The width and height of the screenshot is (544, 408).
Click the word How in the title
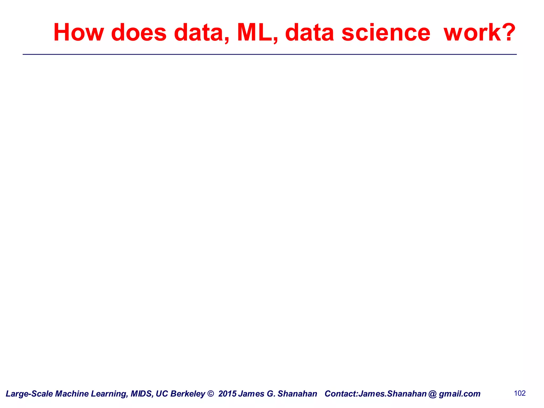pyautogui.click(x=78, y=32)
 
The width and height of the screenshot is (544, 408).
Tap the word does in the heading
pyautogui.click(x=139, y=32)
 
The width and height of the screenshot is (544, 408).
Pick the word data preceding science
pyautogui.click(x=309, y=32)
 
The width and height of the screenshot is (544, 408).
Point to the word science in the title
pyautogui.click(x=386, y=32)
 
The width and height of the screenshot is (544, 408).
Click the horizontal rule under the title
pyautogui.click(x=269, y=54)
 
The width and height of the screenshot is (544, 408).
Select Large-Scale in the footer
pyautogui.click(x=29, y=394)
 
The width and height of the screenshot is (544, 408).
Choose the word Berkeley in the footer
pyautogui.click(x=188, y=394)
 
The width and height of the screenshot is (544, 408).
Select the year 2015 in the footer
pyautogui.click(x=227, y=394)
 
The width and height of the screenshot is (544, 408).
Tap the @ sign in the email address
pyautogui.click(x=433, y=394)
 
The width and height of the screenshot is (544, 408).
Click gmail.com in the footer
pyautogui.click(x=460, y=394)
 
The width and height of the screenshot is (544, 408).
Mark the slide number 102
pyautogui.click(x=520, y=393)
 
